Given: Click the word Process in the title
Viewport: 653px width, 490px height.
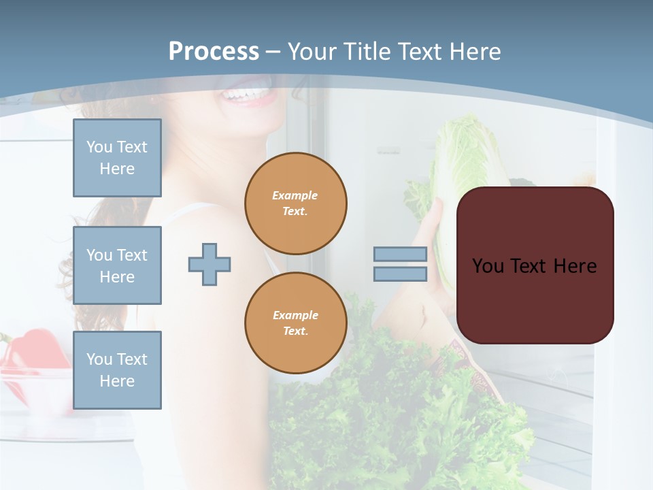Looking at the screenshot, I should pos(214,52).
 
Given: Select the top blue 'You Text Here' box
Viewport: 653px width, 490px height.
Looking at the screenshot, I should pos(117,158).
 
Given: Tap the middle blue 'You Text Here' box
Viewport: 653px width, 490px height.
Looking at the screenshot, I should pos(117,265).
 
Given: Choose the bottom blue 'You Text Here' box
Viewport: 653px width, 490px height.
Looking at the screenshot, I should pos(117,370).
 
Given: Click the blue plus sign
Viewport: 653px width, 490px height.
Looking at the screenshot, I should pos(210,264).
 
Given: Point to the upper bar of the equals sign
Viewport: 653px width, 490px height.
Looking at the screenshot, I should pos(400,254).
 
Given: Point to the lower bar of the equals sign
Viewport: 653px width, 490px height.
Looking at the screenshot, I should pos(400,274).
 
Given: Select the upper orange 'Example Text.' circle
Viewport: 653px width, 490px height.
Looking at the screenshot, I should pos(295,203).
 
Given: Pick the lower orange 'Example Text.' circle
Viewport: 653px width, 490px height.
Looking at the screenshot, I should pos(295,323).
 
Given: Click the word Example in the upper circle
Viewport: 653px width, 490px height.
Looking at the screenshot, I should pos(295,195).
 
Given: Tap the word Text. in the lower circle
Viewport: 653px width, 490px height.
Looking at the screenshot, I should pos(295,331).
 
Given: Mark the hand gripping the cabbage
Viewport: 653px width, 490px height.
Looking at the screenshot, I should pos(430,225).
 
